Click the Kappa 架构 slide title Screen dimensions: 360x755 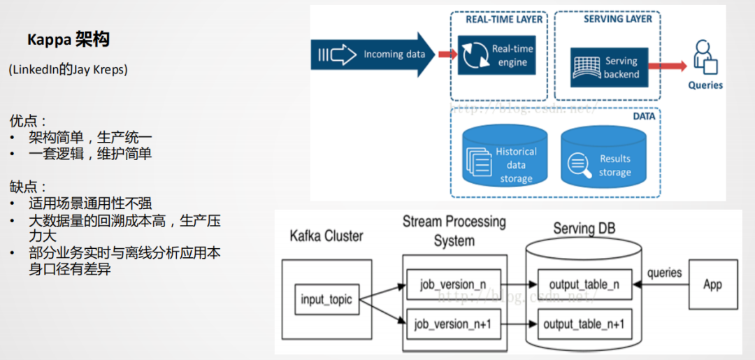point(69,40)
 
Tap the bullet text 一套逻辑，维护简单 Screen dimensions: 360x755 point(90,154)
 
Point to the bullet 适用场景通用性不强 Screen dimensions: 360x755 point(90,204)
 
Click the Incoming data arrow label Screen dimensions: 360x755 point(394,54)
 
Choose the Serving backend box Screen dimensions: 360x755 point(609,67)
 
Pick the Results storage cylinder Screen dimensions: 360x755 point(603,161)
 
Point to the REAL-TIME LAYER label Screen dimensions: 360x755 point(504,20)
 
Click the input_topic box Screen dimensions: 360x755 point(322,300)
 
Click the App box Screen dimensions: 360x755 point(712,285)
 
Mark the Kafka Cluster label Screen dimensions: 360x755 point(326,236)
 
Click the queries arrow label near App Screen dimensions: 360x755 point(664,272)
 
